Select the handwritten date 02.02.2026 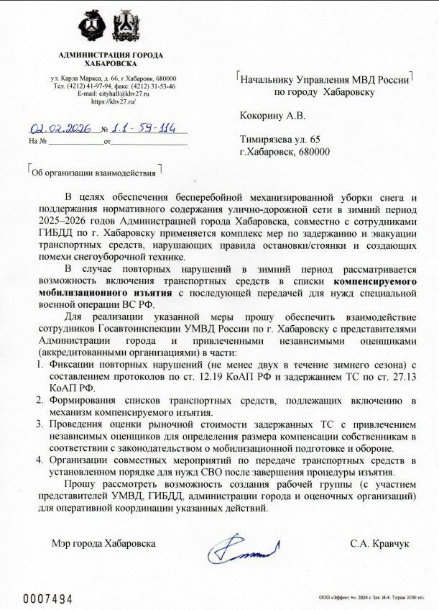pos(60,129)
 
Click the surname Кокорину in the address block pos(261,115)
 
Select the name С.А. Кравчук pos(379,544)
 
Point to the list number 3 pos(41,425)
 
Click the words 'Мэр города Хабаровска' pos(103,544)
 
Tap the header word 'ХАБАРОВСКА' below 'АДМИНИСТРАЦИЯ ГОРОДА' pos(110,64)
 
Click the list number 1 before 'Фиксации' pos(41,365)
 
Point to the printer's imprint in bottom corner pos(376,598)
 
